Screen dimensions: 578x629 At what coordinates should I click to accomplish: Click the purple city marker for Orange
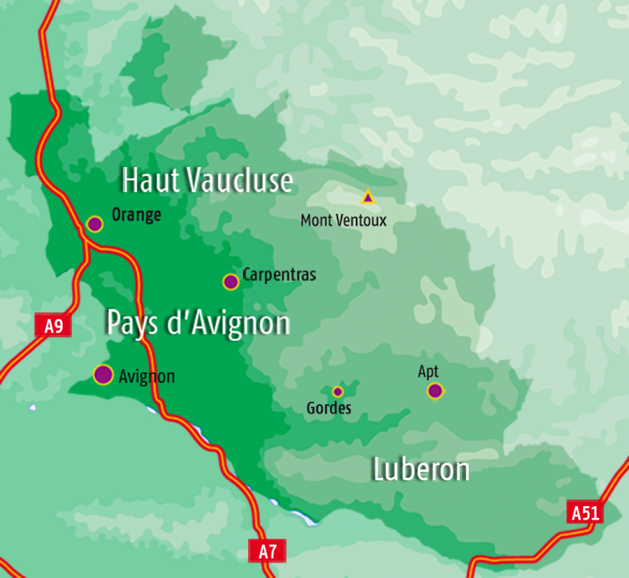(95, 224)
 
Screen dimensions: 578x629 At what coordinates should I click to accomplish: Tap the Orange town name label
(136, 215)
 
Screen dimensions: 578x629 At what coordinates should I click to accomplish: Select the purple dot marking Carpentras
(230, 282)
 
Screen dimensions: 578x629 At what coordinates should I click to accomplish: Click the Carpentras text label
(279, 275)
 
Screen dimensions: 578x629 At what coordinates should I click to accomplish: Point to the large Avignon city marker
(103, 374)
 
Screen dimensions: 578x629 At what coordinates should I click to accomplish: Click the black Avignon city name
(147, 377)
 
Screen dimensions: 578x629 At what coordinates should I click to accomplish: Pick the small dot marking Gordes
(337, 391)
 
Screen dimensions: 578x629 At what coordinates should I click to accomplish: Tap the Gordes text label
(329, 408)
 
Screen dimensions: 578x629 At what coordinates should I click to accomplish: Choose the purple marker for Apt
(435, 391)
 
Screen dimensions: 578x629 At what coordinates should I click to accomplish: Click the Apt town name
(428, 372)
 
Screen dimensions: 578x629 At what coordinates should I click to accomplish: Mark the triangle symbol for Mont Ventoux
(367, 197)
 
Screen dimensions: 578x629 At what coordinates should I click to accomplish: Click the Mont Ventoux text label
(343, 221)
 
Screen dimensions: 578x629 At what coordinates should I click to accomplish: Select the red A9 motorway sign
(53, 326)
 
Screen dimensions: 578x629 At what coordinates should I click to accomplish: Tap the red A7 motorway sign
(267, 551)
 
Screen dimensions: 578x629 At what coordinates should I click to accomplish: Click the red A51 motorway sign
(585, 512)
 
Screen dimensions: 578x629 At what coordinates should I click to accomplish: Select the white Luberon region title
(421, 470)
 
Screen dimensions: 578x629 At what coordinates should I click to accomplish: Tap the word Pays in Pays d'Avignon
(133, 323)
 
